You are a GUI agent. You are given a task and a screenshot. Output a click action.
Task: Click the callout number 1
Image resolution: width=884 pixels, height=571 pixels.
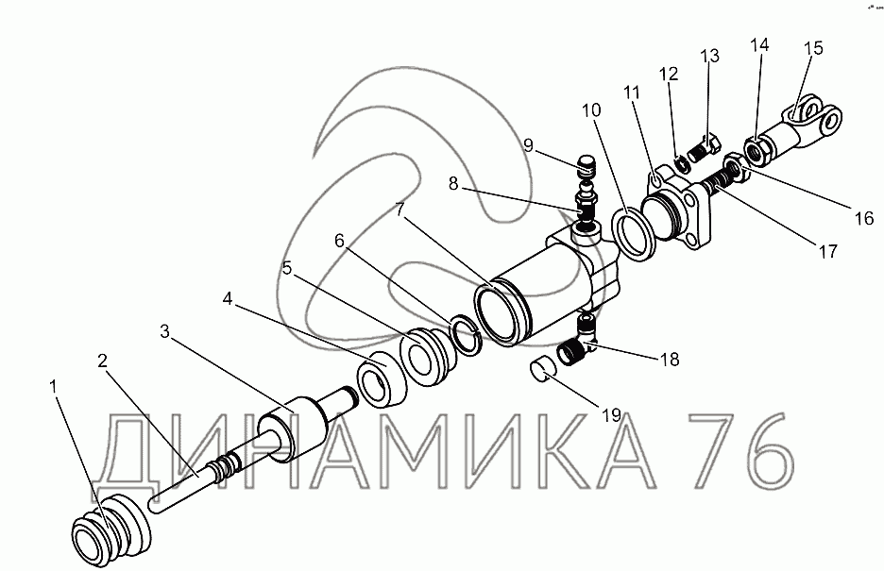tap(54, 386)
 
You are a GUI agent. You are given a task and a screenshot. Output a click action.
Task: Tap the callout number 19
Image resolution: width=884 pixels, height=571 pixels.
tap(611, 415)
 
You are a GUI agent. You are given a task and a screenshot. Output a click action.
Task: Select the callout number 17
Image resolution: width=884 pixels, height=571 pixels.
tap(827, 251)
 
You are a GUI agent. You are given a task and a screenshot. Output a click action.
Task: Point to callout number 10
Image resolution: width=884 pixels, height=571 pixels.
tap(591, 109)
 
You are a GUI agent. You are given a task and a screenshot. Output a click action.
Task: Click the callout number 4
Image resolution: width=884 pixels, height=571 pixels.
tap(228, 298)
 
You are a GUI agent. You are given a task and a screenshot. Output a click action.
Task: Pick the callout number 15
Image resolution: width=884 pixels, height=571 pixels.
tap(813, 48)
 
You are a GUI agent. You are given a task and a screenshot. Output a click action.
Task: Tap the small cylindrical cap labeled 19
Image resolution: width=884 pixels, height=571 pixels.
tap(542, 372)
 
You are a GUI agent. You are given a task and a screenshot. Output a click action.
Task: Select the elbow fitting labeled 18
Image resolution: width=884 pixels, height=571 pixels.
tap(579, 341)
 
